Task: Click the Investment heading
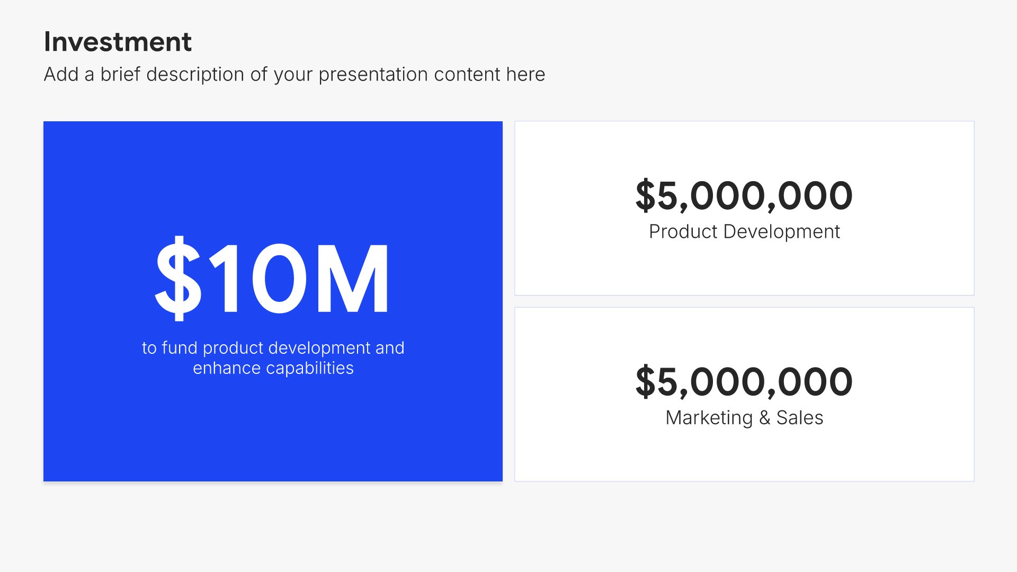(118, 42)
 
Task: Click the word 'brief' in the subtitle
(121, 74)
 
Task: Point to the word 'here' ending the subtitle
(525, 75)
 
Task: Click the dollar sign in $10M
(179, 278)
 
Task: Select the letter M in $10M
(352, 279)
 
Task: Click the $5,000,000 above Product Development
(744, 196)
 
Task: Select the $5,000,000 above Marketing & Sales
(744, 382)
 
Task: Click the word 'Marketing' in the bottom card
(709, 418)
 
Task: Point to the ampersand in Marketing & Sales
(764, 418)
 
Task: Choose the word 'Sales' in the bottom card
(800, 418)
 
